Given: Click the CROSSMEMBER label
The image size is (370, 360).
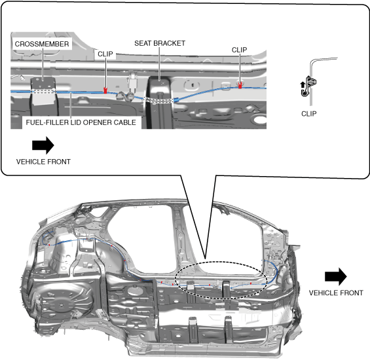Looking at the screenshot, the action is tap(42, 44).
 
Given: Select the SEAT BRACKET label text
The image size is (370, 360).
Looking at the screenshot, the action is tap(160, 43).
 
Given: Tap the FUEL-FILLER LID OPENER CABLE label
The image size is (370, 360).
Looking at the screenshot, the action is tap(81, 122).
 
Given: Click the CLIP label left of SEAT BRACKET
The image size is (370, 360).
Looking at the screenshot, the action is tap(105, 54).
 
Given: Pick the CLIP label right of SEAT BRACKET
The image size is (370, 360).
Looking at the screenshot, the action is tap(239, 50).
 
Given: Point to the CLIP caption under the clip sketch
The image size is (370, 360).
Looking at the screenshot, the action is tap(309, 114).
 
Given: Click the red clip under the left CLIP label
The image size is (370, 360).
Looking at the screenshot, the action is tap(105, 90).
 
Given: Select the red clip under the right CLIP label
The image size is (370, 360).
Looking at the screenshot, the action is tap(240, 85).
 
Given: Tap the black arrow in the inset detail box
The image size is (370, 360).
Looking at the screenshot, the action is tap(43, 145).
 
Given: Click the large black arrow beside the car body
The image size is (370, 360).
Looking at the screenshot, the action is tap(336, 276).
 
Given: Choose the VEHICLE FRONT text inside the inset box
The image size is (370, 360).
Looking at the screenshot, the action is tap(43, 162).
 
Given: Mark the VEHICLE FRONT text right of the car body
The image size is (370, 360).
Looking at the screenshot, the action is tap(336, 293).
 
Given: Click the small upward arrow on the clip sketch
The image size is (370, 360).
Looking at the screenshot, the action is tap(303, 84).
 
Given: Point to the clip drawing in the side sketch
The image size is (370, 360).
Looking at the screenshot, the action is tap(308, 86).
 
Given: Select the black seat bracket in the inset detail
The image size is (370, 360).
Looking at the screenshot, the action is tap(160, 103).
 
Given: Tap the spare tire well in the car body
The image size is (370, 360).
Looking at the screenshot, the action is tap(62, 304).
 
